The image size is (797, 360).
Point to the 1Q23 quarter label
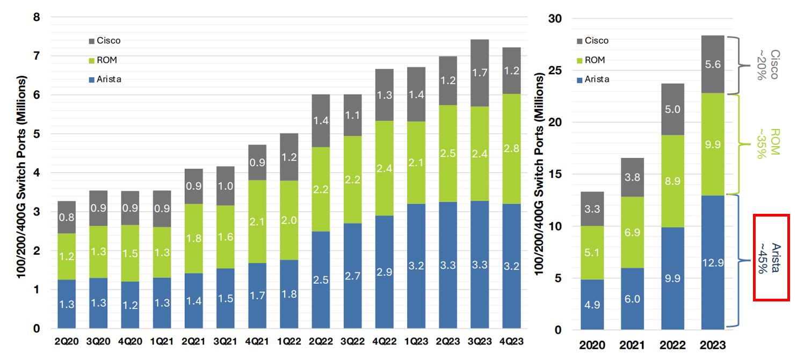pyautogui.click(x=416, y=341)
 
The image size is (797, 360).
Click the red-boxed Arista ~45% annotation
pyautogui.click(x=771, y=257)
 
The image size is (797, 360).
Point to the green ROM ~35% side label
pyautogui.click(x=771, y=143)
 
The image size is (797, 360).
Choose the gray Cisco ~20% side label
pyautogui.click(x=771, y=65)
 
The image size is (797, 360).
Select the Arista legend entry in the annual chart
pyautogui.click(x=593, y=80)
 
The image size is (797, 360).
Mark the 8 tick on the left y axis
pyautogui.click(x=37, y=17)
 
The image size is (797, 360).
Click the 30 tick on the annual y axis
pyautogui.click(x=555, y=19)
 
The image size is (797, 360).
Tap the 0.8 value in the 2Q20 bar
pyautogui.click(x=67, y=218)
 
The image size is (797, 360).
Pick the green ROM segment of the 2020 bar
pyautogui.click(x=592, y=253)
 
